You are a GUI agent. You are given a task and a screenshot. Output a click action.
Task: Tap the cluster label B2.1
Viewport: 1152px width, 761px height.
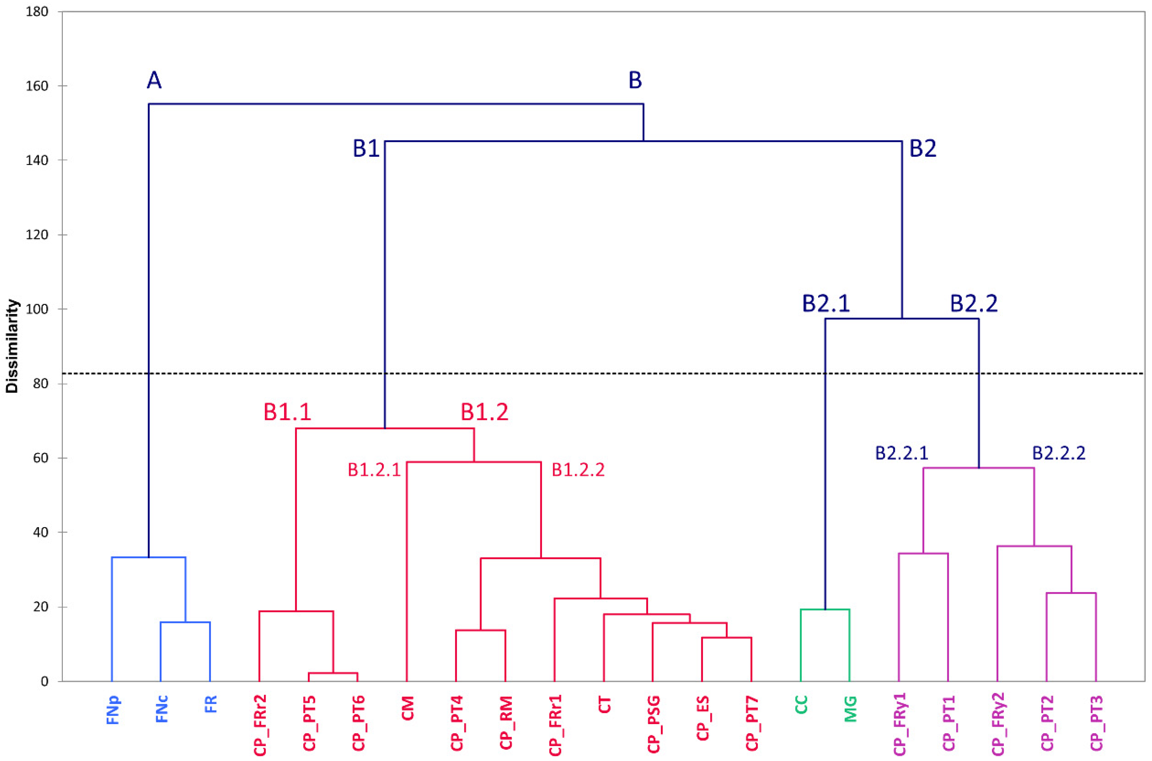pos(826,304)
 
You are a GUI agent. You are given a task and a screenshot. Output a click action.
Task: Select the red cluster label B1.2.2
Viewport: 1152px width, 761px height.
pos(578,470)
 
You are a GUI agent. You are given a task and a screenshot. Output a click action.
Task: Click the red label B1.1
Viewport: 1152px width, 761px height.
pos(287,412)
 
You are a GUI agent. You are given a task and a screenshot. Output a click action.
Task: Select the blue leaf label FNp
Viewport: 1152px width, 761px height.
pos(112,710)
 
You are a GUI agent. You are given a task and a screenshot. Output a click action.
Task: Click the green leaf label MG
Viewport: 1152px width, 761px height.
pos(850,709)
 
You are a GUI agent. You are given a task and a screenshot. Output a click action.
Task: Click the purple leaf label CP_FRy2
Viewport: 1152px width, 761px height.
pos(998,724)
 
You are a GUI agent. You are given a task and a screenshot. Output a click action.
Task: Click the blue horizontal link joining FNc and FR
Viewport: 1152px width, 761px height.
pos(185,622)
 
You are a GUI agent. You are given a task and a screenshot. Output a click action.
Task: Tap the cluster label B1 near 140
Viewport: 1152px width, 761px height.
pos(366,148)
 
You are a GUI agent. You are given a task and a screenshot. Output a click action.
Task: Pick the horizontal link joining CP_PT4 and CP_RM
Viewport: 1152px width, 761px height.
pos(480,630)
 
